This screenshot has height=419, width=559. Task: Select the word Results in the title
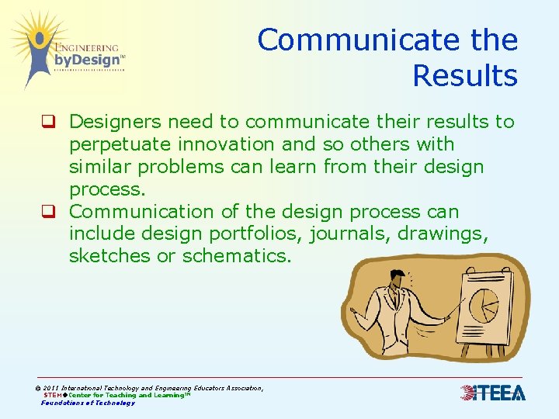pyautogui.click(x=464, y=76)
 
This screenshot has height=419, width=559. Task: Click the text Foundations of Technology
pyautogui.click(x=88, y=403)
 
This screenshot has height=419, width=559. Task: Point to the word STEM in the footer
pyautogui.click(x=54, y=395)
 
